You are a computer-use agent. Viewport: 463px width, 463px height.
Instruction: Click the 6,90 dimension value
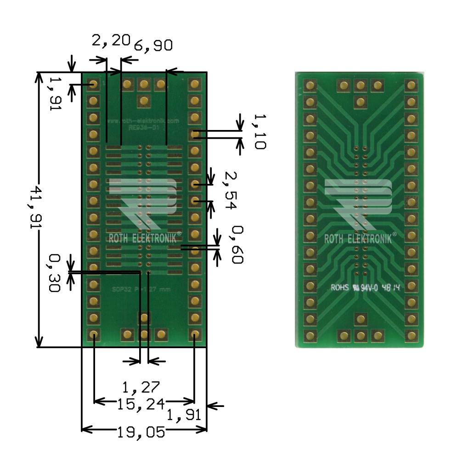coord(153,45)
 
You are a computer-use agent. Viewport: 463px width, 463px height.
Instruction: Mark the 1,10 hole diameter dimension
coord(259,132)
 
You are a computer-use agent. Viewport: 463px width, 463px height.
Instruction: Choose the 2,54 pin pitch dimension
coord(230,190)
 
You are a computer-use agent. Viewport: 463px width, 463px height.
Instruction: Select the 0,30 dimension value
coord(55,273)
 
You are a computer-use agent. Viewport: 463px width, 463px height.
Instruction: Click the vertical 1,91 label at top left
coord(55,94)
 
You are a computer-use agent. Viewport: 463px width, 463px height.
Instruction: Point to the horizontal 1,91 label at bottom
coord(184,415)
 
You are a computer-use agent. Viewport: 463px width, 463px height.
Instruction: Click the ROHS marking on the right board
coord(340,288)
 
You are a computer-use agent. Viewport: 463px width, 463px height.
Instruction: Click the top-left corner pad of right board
coord(311,85)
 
